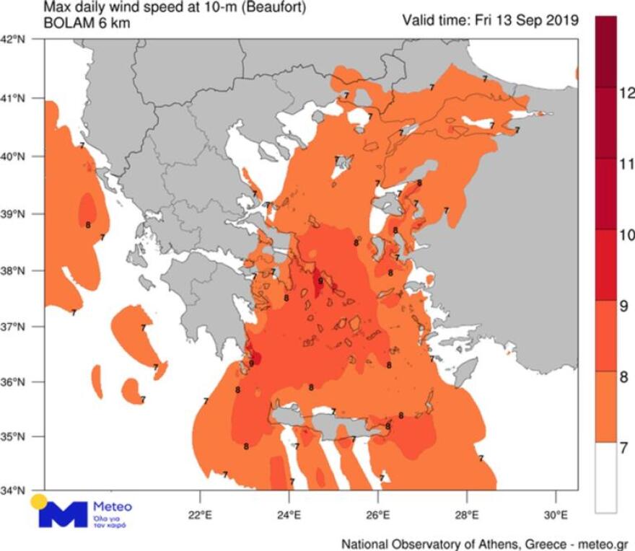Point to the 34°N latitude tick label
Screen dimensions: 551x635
coord(17,490)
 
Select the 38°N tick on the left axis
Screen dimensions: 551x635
coord(17,271)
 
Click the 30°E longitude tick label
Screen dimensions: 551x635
coord(556,516)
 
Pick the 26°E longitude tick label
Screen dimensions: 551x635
coord(378,516)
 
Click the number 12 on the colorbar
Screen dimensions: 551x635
coord(626,92)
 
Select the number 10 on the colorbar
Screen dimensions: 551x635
coord(626,235)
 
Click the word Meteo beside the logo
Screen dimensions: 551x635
coord(113,507)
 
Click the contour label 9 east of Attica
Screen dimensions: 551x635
coord(320,281)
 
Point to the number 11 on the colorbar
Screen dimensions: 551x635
coord(626,164)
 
